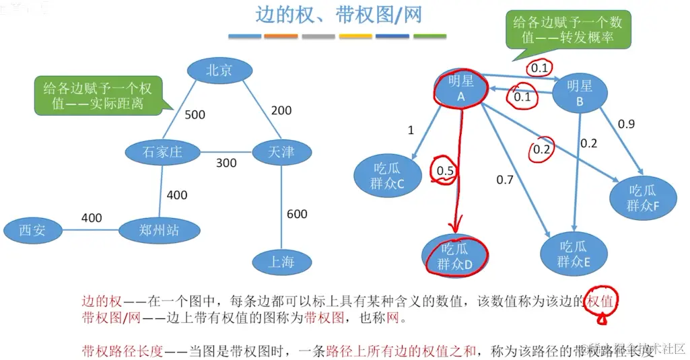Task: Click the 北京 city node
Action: click(219, 70)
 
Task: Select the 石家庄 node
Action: click(162, 152)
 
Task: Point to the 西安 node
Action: click(32, 231)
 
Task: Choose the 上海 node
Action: click(281, 261)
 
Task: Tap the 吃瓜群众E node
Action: click(574, 254)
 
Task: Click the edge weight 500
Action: click(195, 115)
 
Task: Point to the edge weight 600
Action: click(297, 214)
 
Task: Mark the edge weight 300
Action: click(226, 163)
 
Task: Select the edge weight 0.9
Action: click(626, 124)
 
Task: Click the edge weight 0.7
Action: click(505, 180)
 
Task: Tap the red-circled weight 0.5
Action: click(445, 171)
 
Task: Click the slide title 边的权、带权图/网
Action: click(338, 15)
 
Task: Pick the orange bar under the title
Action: click(281, 36)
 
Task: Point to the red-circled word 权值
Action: click(600, 302)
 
